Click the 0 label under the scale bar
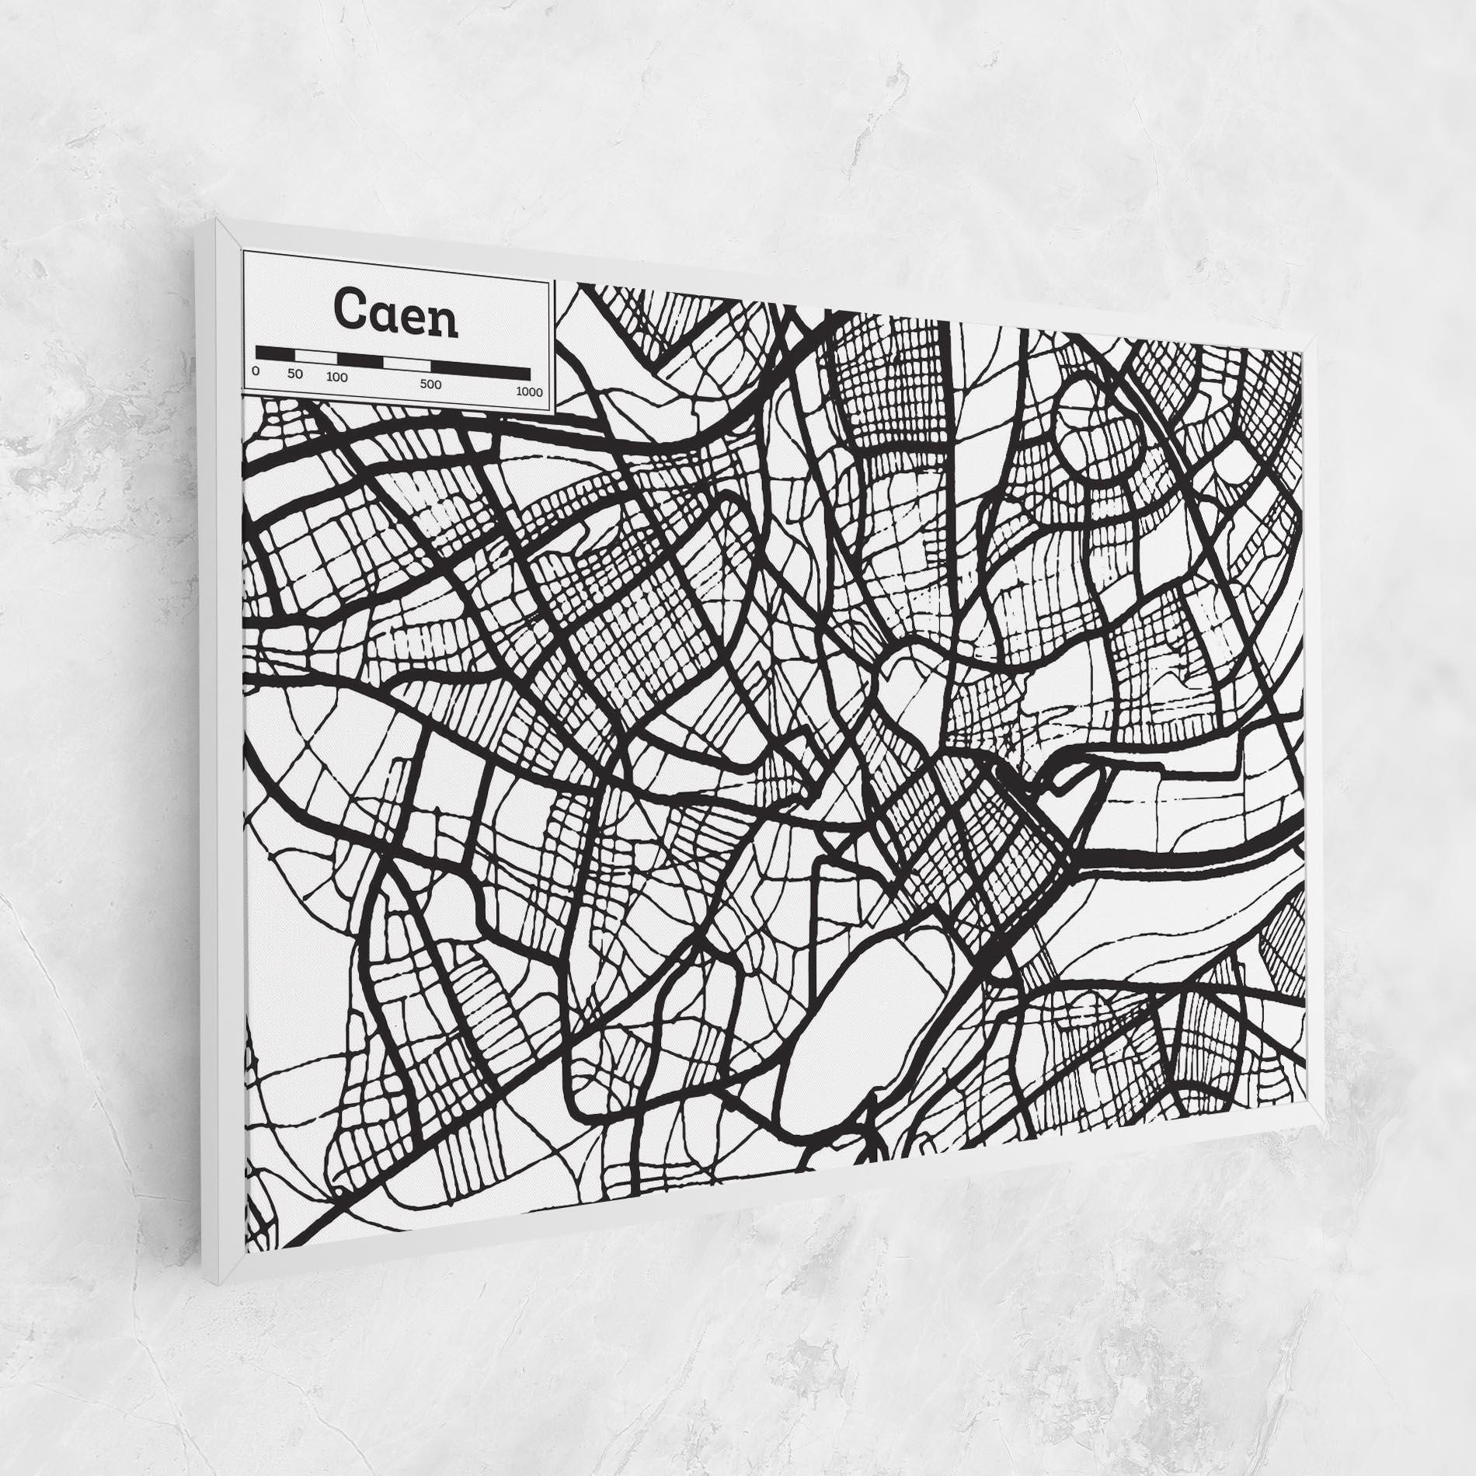(x=256, y=371)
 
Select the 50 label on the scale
(x=294, y=374)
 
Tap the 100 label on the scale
(x=337, y=378)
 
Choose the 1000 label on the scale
(x=529, y=392)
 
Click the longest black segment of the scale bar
(x=481, y=371)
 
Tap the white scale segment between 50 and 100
(x=316, y=357)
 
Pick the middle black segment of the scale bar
(x=361, y=360)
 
